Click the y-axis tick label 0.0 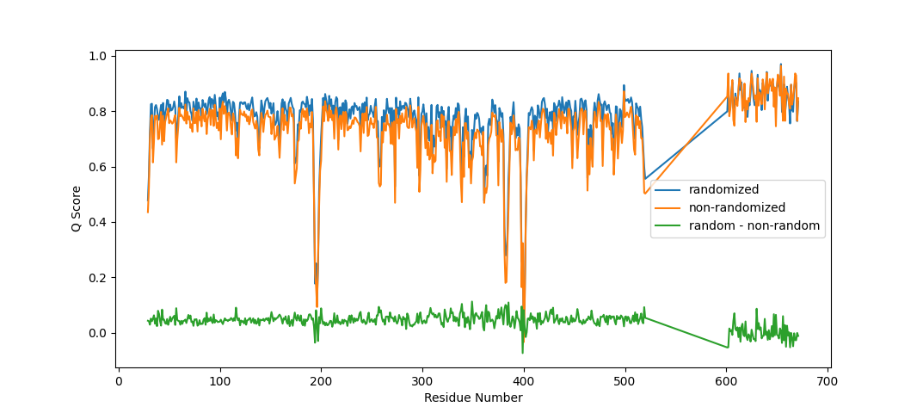tap(96, 334)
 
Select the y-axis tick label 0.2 tap(96, 278)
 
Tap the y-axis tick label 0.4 tap(96, 223)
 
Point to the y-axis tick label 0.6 tap(96, 167)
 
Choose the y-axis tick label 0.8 tap(96, 112)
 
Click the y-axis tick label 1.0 tap(96, 56)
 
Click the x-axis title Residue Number tap(473, 398)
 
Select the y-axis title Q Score tap(76, 208)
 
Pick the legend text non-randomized tap(737, 207)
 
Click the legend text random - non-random tap(754, 226)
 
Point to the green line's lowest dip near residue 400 tap(522, 353)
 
